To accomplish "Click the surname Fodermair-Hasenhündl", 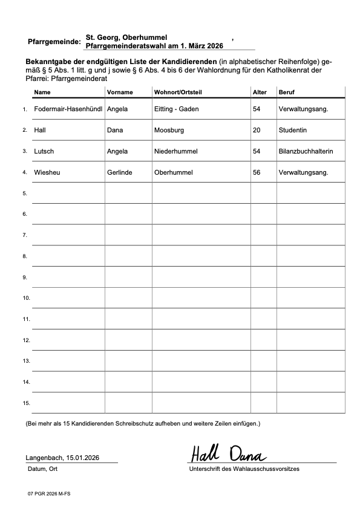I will coord(68,109).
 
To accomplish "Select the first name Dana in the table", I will coord(115,130).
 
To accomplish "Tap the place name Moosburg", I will coord(169,130).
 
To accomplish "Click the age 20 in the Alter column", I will coord(257,130).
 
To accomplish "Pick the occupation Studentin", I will coord(293,130).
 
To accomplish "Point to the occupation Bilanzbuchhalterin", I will coord(306,151).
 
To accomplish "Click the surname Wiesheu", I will coord(47,172).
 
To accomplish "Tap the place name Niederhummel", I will coord(175,151).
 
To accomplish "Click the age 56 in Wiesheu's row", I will coord(257,172).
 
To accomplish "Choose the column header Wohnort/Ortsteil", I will coord(178,92).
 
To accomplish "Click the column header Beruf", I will coord(286,92).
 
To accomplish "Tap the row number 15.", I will coord(26,403).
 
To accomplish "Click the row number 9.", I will coord(25,277).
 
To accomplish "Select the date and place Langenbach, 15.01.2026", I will coord(62,458).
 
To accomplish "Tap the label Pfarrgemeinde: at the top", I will coord(54,42).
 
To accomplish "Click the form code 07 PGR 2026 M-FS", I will coord(48,493).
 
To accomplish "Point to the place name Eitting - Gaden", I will coord(177,109).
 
